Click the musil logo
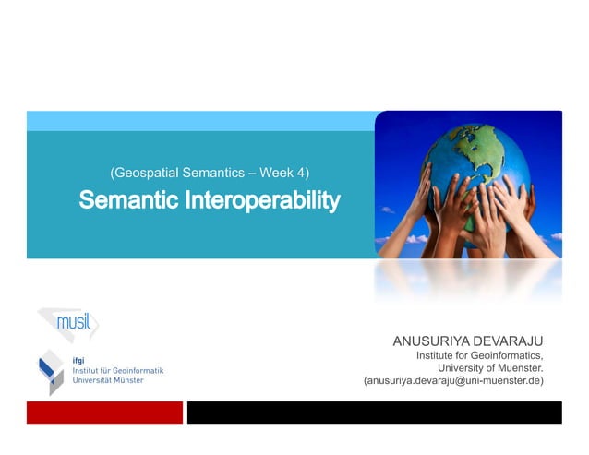pyautogui.click(x=68, y=324)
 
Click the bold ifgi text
pyautogui.click(x=79, y=360)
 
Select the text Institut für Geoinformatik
pyautogui.click(x=117, y=370)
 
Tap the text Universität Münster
pyautogui.click(x=108, y=380)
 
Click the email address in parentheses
pyautogui.click(x=453, y=381)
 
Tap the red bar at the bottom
pyautogui.click(x=104, y=412)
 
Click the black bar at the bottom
pyautogui.click(x=374, y=412)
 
